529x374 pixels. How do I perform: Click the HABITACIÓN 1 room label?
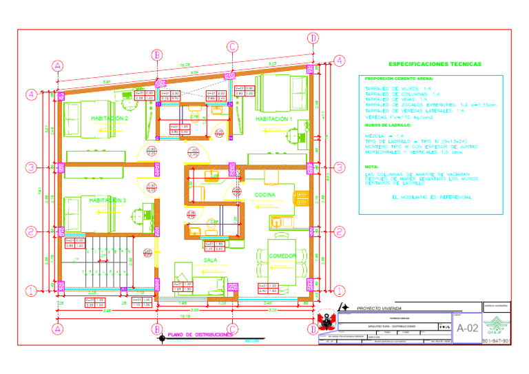(x=274, y=119)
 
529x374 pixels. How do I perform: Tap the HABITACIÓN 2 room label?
(x=109, y=118)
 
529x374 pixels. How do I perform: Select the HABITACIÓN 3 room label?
(x=108, y=200)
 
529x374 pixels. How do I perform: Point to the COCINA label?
(x=265, y=196)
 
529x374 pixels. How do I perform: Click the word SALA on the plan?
(x=210, y=260)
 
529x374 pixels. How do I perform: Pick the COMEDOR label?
(x=282, y=256)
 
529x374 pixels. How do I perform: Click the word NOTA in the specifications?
(x=371, y=167)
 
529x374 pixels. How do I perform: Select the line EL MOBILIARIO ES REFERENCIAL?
(x=431, y=197)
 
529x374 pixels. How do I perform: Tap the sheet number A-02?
(x=467, y=329)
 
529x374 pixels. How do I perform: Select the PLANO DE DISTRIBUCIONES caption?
(x=200, y=335)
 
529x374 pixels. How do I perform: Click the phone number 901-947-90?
(x=496, y=341)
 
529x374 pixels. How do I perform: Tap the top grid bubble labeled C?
(x=232, y=47)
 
